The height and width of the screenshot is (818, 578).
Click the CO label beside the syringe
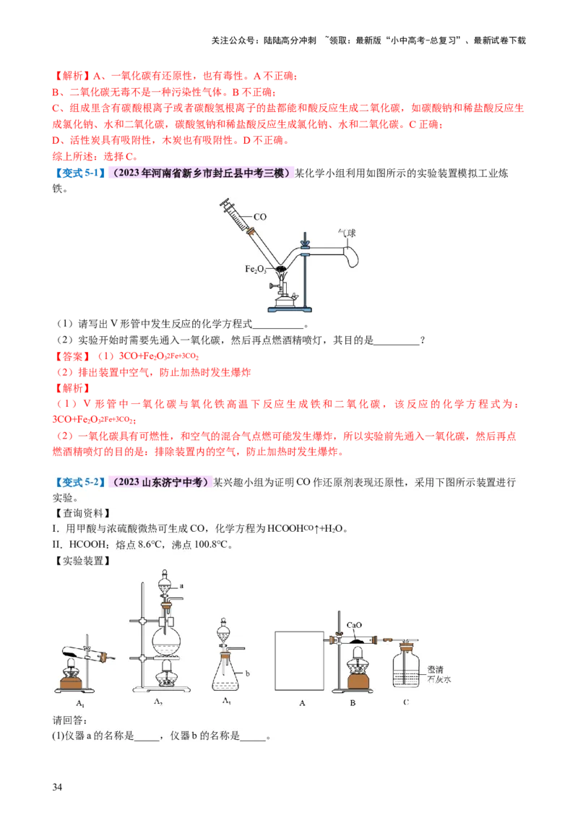point(260,216)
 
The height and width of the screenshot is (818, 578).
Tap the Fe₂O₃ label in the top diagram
point(255,269)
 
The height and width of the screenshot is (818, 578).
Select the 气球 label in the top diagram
point(348,233)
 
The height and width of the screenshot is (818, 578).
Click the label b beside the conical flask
point(247,673)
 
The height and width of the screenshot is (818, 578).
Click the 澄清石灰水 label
point(439,674)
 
